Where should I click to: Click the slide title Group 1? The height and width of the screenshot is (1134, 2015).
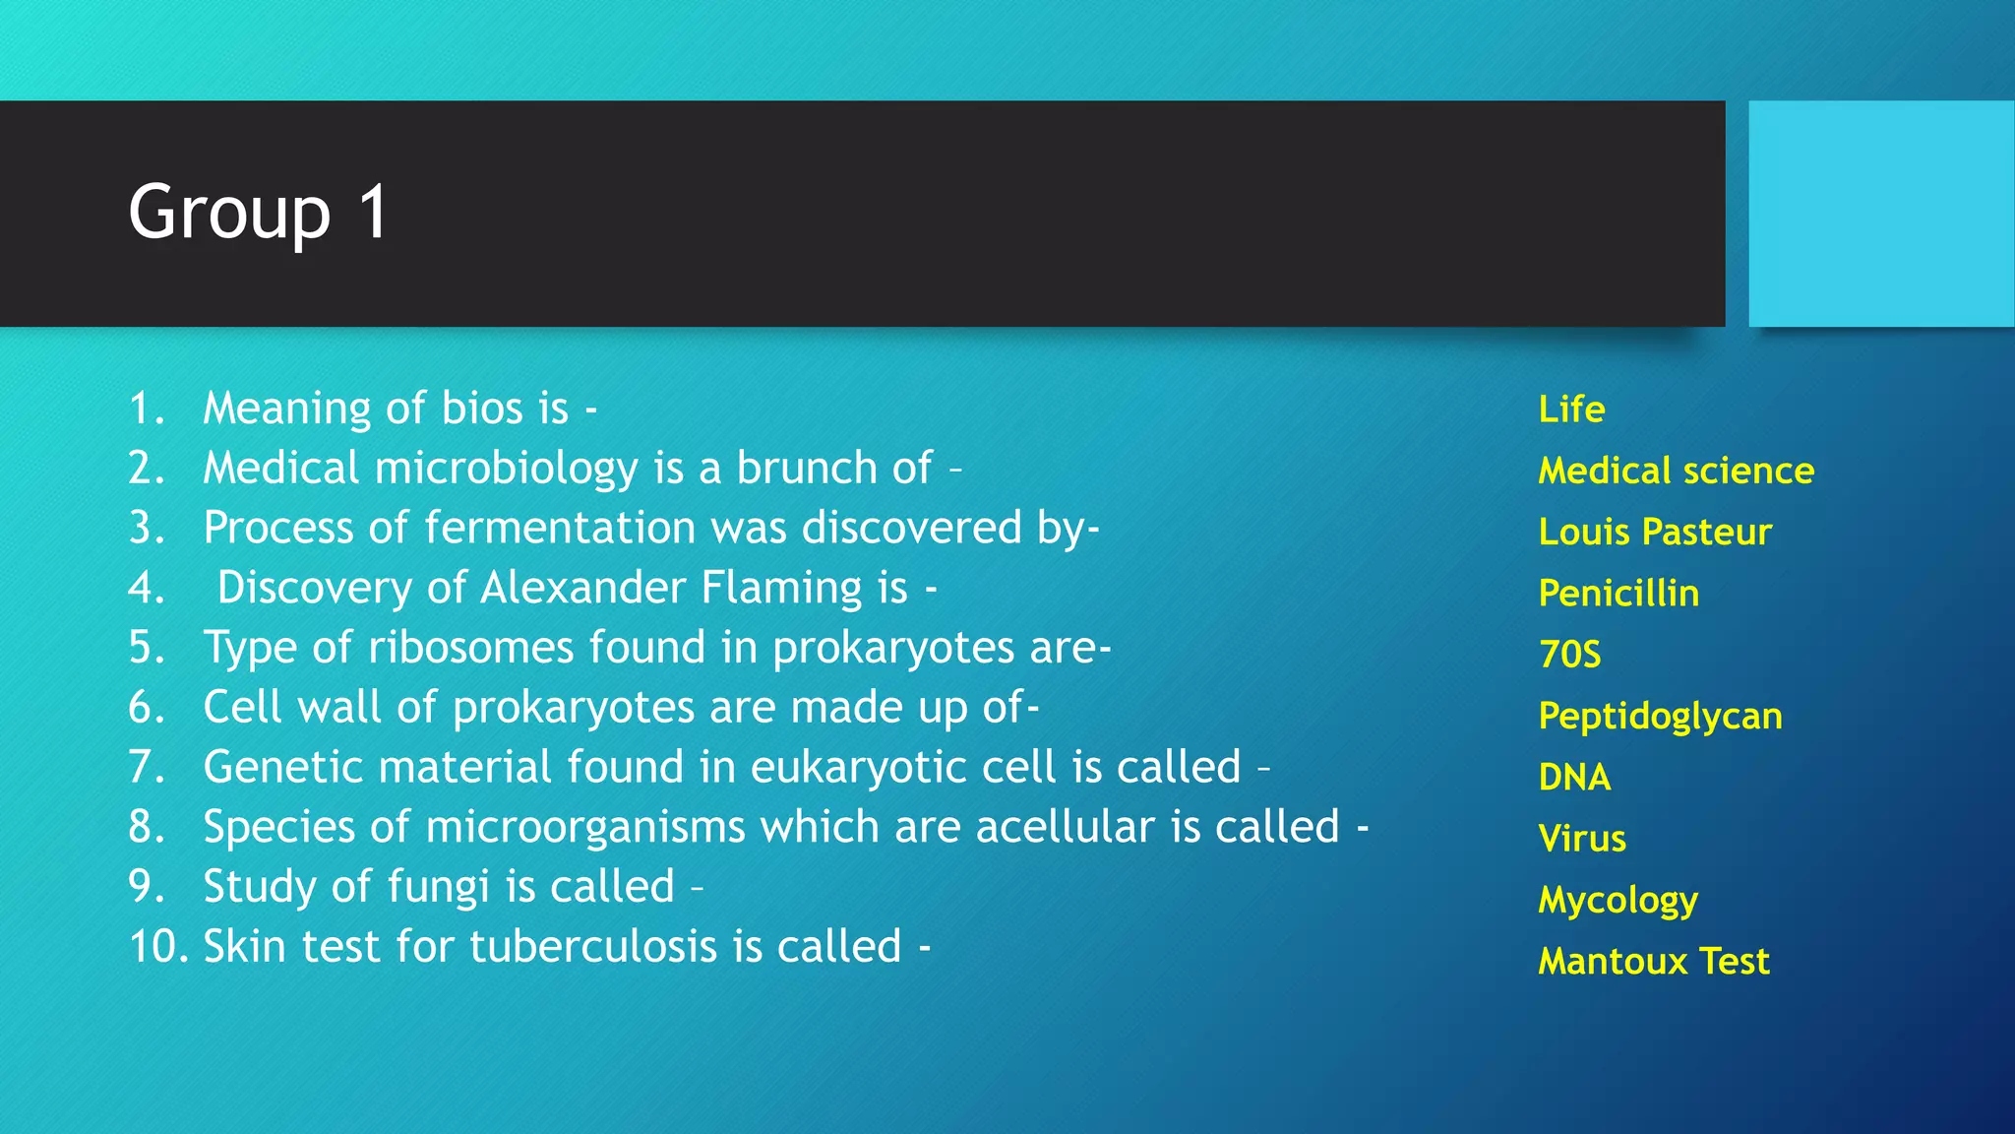pos(259,213)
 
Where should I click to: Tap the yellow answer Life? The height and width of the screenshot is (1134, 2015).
pos(1571,409)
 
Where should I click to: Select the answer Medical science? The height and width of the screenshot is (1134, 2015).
pos(1676,471)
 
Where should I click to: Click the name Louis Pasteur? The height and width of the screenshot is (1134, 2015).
pos(1655,533)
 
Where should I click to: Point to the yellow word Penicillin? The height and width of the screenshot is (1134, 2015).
pos(1618,594)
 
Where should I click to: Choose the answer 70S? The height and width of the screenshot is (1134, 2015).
pos(1570,655)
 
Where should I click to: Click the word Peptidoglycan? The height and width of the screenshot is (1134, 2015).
pos(1660,717)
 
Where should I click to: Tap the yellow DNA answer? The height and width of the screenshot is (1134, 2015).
pos(1574,778)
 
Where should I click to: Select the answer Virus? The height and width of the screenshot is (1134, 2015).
pos(1582,839)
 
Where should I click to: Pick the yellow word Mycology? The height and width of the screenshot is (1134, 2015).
pos(1618,901)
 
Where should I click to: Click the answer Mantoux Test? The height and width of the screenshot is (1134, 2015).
pos(1654,961)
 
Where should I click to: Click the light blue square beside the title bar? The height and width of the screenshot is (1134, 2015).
pos(1880,213)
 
